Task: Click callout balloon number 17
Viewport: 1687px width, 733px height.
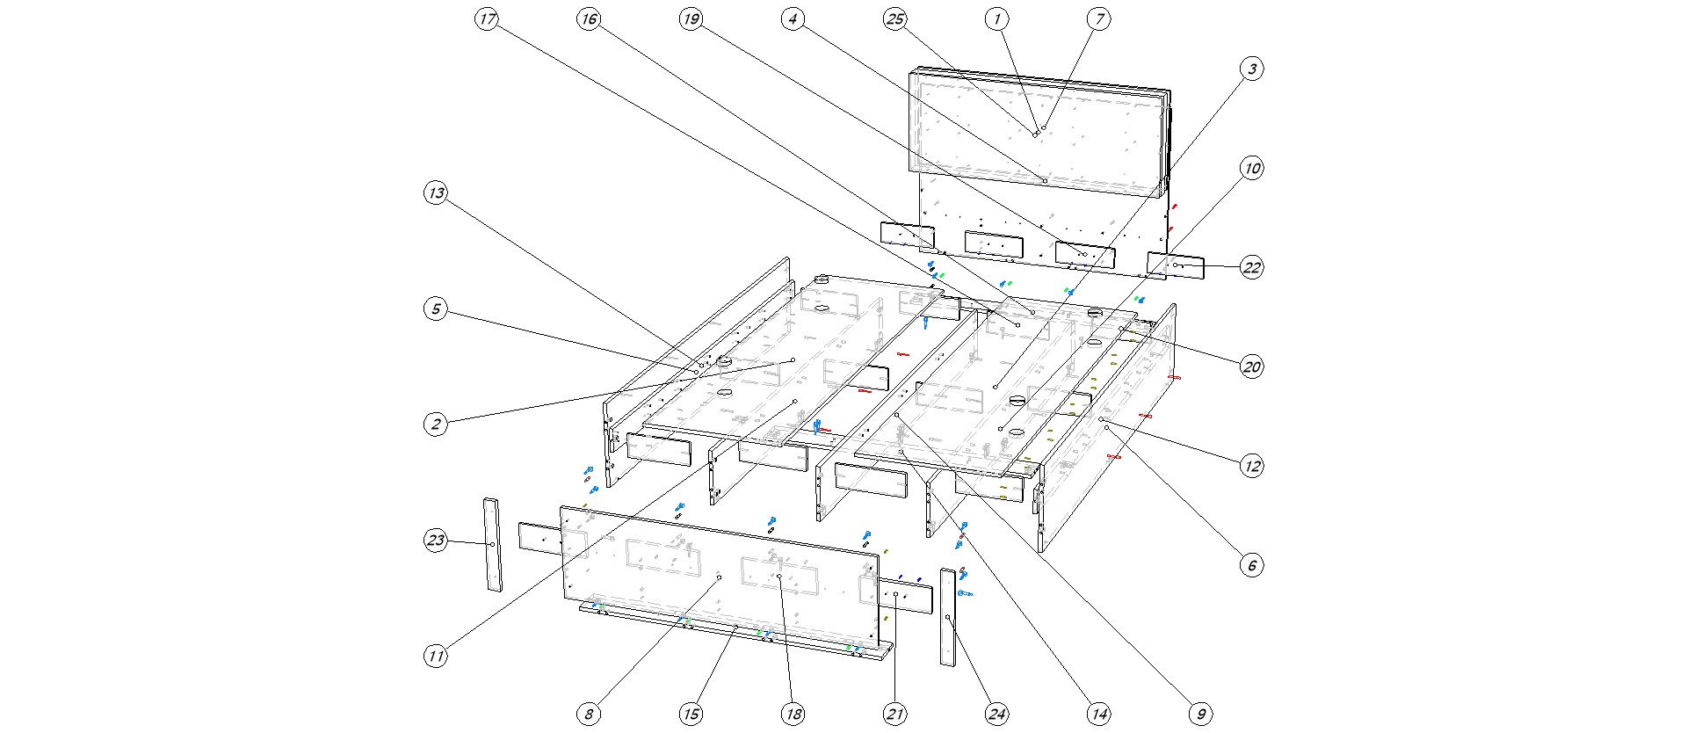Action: (488, 19)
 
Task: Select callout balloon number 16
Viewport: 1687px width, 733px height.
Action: (589, 19)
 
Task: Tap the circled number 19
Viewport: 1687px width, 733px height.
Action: (691, 19)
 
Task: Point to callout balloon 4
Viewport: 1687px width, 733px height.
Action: (793, 19)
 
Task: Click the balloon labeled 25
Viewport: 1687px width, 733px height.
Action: (895, 19)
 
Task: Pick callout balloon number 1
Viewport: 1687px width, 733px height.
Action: (996, 19)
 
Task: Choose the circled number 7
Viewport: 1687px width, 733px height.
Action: (1098, 19)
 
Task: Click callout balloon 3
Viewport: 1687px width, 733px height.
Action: (1252, 69)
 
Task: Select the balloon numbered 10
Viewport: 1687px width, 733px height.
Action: (1252, 168)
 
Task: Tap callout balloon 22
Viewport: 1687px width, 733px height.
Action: (1252, 267)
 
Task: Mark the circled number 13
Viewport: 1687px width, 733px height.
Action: (436, 193)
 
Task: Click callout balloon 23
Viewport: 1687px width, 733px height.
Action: (436, 541)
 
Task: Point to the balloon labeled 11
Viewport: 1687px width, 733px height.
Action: (436, 656)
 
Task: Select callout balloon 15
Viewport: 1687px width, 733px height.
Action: (691, 714)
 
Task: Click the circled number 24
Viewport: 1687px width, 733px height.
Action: (996, 714)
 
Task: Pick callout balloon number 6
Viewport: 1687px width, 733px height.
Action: (1252, 565)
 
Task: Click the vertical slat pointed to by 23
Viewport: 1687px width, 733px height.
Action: (492, 545)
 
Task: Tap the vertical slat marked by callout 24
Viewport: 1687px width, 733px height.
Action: (948, 617)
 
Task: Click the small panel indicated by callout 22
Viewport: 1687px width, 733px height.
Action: (1176, 265)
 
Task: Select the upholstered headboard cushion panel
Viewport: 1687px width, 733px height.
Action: (1037, 132)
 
